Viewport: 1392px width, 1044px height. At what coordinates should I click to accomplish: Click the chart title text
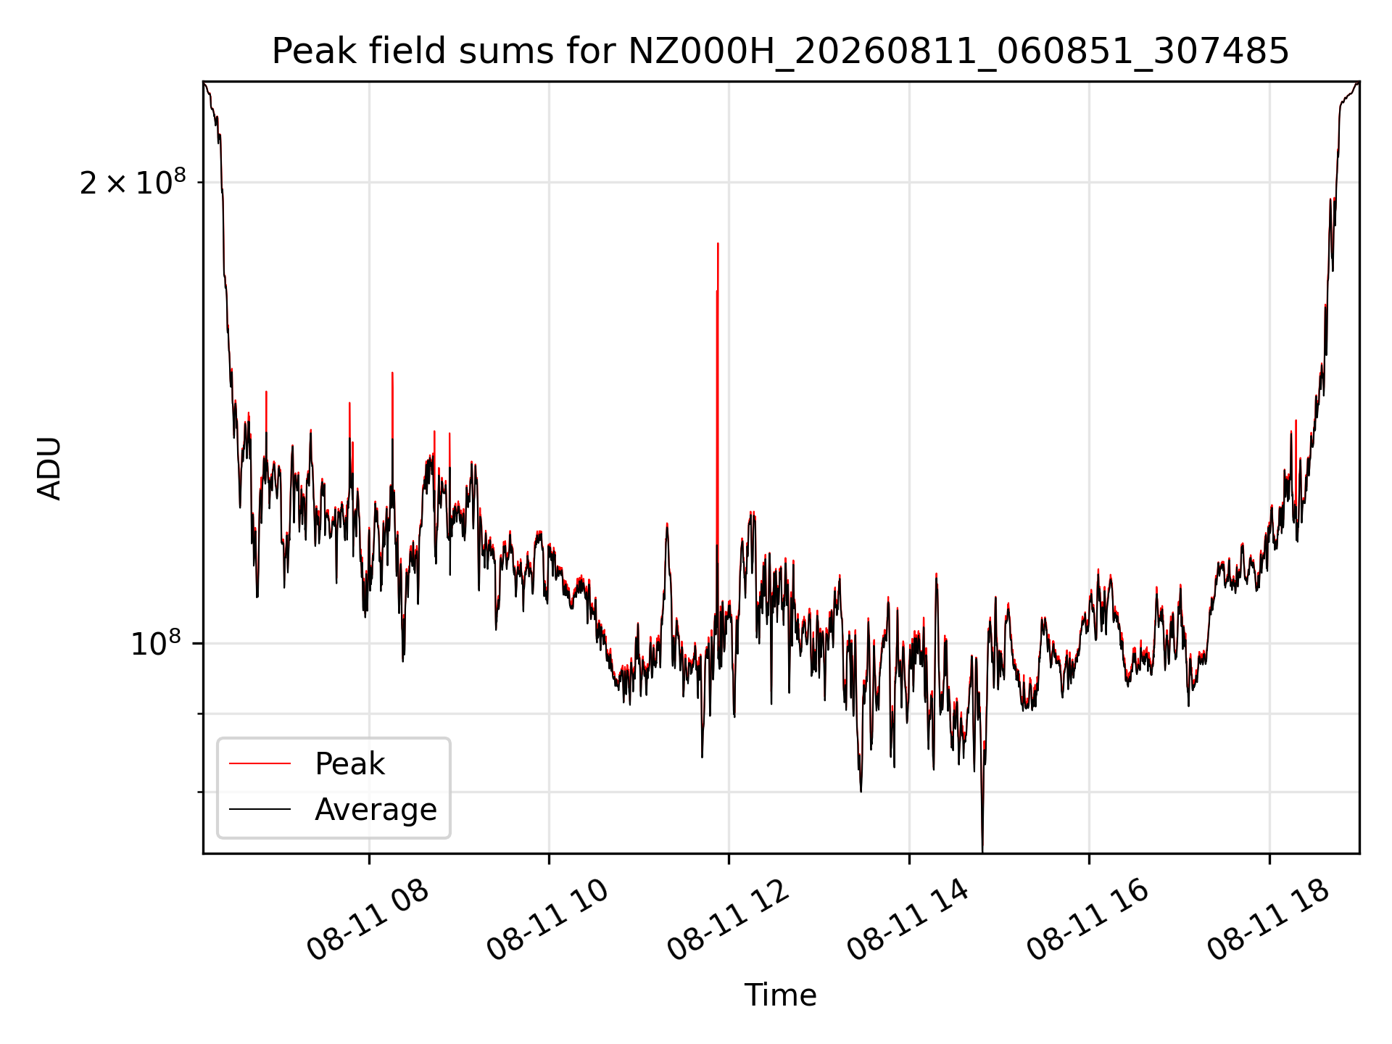point(780,51)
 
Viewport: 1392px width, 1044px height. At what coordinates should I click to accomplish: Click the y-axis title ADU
point(49,468)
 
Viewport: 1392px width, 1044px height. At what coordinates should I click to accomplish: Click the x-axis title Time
point(780,995)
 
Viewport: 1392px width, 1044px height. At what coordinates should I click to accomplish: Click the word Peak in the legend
point(349,763)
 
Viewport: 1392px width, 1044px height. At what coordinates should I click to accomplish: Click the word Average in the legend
point(376,809)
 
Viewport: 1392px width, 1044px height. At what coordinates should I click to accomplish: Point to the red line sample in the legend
point(260,763)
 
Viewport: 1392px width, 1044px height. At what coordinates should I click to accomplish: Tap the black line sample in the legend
point(260,809)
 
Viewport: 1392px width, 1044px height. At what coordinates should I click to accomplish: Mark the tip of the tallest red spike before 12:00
point(718,244)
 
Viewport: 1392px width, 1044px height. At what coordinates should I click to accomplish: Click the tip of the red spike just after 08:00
point(392,373)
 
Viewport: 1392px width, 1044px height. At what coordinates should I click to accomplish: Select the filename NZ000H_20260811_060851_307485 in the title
point(958,52)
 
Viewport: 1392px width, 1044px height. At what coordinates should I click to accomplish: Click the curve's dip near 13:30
point(861,791)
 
